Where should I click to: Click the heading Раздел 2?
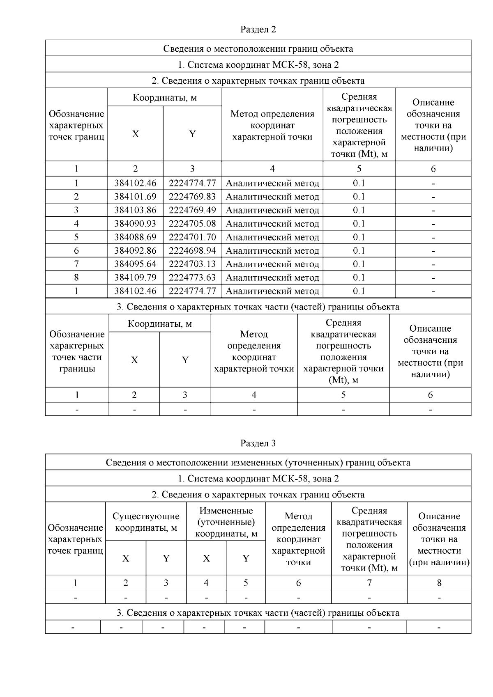[x=258, y=30]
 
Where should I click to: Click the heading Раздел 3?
[x=258, y=443]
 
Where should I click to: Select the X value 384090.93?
[x=135, y=224]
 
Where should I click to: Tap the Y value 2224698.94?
[x=192, y=251]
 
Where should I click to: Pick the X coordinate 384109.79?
[x=135, y=277]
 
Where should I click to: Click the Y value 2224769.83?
[x=192, y=197]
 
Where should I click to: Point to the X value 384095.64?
[x=135, y=264]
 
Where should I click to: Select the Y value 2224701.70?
[x=192, y=237]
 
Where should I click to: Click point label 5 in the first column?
[x=76, y=237]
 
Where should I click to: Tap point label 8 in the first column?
[x=76, y=277]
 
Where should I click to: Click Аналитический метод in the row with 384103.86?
[x=272, y=210]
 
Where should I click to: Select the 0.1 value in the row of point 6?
[x=359, y=251]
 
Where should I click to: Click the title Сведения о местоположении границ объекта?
[x=258, y=49]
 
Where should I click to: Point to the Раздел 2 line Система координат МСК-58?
[x=258, y=65]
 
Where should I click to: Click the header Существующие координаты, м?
[x=146, y=522]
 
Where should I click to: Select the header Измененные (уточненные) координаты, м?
[x=226, y=522]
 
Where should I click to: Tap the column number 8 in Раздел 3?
[x=439, y=583]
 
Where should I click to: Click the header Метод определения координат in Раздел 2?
[x=272, y=125]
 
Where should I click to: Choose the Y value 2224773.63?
[x=192, y=277]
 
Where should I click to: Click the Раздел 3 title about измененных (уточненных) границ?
[x=258, y=463]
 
